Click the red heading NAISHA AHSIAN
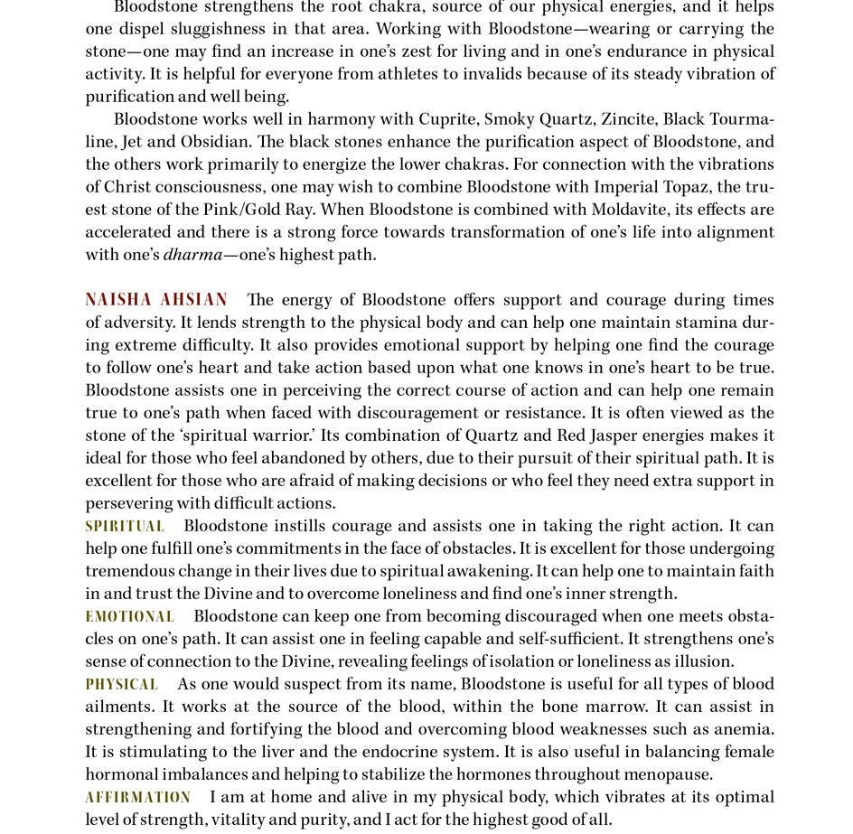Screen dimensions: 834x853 (x=156, y=300)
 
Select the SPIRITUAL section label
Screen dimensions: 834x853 (x=125, y=526)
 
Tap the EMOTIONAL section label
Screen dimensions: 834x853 (x=130, y=616)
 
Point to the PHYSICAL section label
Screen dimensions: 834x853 (x=122, y=684)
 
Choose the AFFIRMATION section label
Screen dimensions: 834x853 (x=138, y=797)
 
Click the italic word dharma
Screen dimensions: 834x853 (x=192, y=255)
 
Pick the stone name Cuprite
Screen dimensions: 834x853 (x=447, y=119)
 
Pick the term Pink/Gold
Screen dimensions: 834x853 (x=241, y=210)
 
